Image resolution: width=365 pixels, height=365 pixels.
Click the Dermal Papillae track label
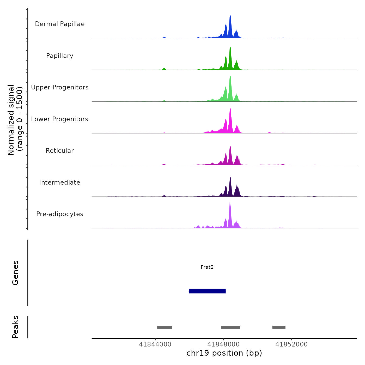click(60, 24)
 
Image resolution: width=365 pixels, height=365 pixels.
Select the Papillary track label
click(60, 56)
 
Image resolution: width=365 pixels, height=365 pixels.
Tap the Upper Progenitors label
click(60, 87)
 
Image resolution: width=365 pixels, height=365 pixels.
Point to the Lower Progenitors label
click(60, 119)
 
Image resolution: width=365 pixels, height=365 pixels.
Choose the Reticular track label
click(60, 151)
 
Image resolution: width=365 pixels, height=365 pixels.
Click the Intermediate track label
click(60, 182)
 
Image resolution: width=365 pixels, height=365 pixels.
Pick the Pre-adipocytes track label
click(60, 214)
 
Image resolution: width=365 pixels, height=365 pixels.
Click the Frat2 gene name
click(207, 267)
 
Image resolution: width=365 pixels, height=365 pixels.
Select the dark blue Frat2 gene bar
click(207, 291)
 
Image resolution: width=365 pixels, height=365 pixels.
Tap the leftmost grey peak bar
click(165, 327)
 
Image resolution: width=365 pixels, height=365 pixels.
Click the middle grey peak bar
click(230, 327)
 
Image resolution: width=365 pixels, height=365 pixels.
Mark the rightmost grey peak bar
click(279, 327)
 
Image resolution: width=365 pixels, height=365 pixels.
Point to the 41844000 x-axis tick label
click(155, 344)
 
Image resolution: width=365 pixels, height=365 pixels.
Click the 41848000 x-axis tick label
click(223, 344)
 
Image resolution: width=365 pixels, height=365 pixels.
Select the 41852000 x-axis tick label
click(291, 344)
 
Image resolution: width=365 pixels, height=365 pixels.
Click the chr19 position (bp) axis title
click(224, 353)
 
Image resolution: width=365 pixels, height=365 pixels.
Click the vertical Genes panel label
click(15, 273)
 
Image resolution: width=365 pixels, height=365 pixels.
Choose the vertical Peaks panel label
click(15, 327)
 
